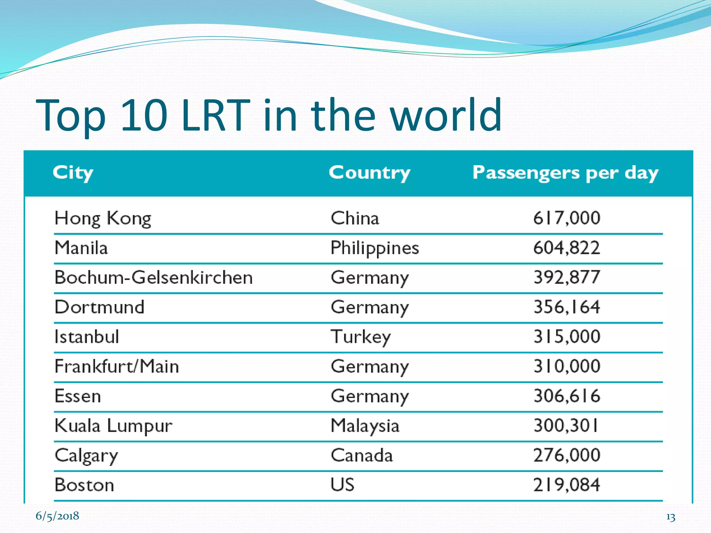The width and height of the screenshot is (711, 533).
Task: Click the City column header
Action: [x=73, y=172]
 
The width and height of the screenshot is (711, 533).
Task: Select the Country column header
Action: [x=370, y=172]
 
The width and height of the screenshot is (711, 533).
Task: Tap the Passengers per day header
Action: [x=565, y=172]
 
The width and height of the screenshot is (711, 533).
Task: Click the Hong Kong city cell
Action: [x=103, y=218]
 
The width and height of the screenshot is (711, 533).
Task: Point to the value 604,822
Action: [x=567, y=248]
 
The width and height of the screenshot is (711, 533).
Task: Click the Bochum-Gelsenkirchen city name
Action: [x=153, y=278]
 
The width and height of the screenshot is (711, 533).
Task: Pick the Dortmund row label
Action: [x=99, y=307]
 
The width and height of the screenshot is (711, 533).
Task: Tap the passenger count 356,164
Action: [x=567, y=307]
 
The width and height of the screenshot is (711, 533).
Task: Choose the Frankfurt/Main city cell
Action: [x=117, y=366]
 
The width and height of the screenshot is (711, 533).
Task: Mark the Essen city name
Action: [x=78, y=396]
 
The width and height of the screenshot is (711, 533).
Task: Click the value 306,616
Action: [x=567, y=396]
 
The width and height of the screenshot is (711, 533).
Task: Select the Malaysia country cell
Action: [x=365, y=426]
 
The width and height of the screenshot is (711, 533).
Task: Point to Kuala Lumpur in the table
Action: [x=113, y=426]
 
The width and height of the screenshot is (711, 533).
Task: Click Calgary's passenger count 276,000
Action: [x=567, y=455]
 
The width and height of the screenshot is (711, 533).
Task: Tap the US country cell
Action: [x=342, y=485]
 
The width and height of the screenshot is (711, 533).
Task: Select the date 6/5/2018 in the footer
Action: [x=57, y=516]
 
